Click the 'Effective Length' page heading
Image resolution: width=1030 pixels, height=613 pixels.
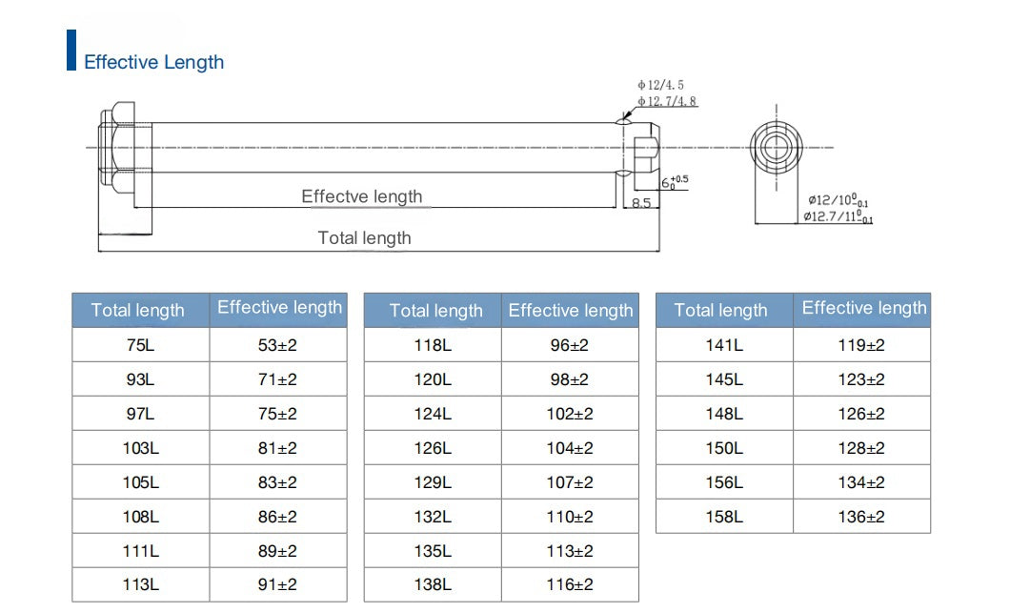tap(153, 62)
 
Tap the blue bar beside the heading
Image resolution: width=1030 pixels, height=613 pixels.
tap(71, 50)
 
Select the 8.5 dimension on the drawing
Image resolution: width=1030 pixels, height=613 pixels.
tap(641, 203)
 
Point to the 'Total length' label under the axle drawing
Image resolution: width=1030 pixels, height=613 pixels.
tap(365, 237)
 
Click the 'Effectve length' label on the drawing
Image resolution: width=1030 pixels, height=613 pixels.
tap(362, 196)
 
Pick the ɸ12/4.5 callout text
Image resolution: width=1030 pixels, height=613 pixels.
tap(660, 85)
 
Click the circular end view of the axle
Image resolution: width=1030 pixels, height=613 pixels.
tap(777, 148)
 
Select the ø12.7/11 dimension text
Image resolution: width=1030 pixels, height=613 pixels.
tap(838, 216)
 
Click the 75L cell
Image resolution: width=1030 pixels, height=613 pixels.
tap(141, 345)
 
